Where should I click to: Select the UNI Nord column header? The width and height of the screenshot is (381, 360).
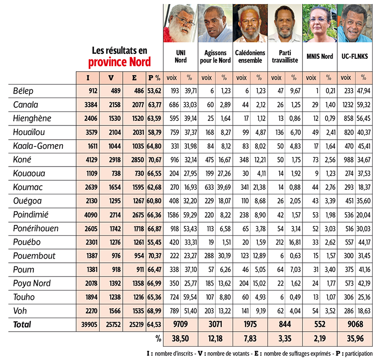pos(181,56)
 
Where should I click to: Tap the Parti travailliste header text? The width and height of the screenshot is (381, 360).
pos(285,56)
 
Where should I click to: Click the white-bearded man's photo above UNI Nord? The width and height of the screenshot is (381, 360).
pos(181,23)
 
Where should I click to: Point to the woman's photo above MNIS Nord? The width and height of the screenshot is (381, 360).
pos(321,23)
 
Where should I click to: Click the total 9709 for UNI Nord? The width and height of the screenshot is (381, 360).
pos(181,324)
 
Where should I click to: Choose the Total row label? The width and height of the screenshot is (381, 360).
pos(22,324)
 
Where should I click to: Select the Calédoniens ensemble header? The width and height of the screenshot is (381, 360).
pos(250,56)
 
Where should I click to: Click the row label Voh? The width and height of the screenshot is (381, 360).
pos(21,311)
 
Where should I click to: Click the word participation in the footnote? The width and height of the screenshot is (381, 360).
pos(359,354)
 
